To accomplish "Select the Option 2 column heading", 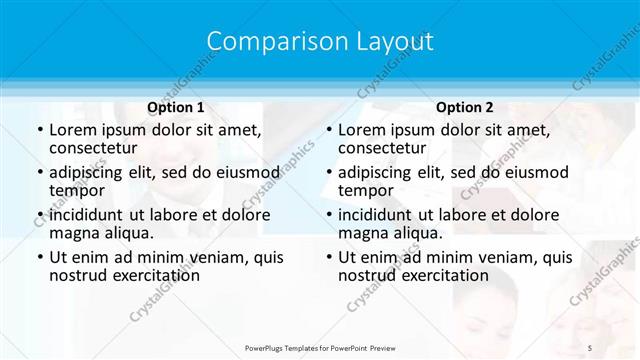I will pos(465,107).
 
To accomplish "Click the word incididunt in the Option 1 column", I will pos(85,214).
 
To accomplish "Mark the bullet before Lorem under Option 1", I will pos(39,130).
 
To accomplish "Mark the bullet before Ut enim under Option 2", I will pos(328,257).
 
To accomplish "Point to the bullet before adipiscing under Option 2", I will pos(328,172).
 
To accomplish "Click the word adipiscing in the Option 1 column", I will pos(88,172).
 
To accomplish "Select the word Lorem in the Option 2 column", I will pos(361,130).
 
